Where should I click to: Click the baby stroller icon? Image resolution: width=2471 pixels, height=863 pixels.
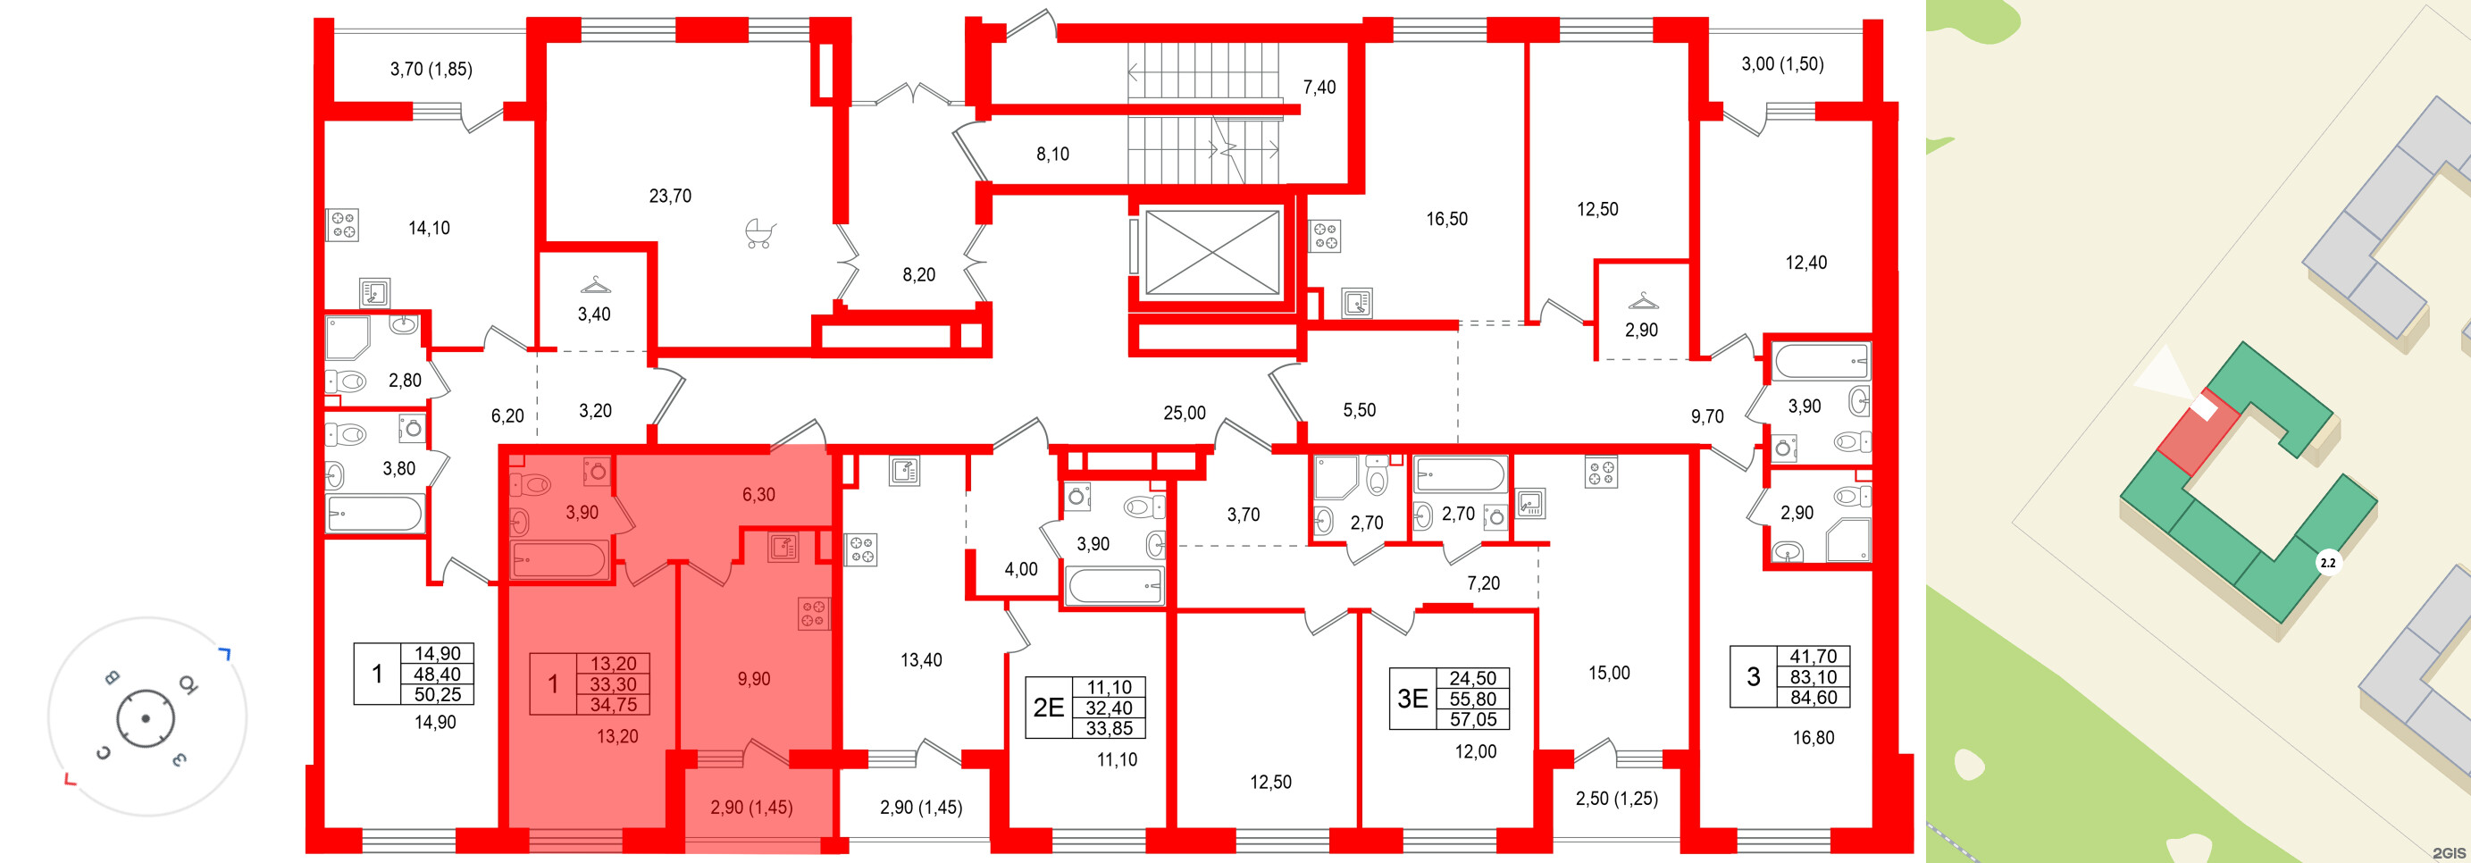pyautogui.click(x=759, y=234)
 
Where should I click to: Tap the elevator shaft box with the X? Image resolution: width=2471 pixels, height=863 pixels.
pyautogui.click(x=1212, y=252)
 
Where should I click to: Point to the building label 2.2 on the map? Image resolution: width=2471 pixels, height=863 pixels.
pyautogui.click(x=2327, y=563)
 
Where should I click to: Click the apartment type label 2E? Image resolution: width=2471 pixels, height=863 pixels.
pyautogui.click(x=1049, y=708)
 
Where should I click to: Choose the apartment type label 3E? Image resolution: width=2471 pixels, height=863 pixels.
pyautogui.click(x=1412, y=698)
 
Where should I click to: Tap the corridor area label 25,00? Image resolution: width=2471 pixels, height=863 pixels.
pyautogui.click(x=1184, y=414)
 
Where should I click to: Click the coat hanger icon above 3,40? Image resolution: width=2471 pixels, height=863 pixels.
pyautogui.click(x=596, y=286)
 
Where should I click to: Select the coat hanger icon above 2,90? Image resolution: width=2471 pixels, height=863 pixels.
pyautogui.click(x=1643, y=301)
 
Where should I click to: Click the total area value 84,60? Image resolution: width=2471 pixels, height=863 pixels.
pyautogui.click(x=1813, y=697)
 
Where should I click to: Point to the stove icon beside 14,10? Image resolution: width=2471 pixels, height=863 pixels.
pyautogui.click(x=342, y=225)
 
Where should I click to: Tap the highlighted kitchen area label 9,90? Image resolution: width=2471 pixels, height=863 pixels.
pyautogui.click(x=754, y=679)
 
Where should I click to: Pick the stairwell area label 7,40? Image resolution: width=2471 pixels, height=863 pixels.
pyautogui.click(x=1319, y=88)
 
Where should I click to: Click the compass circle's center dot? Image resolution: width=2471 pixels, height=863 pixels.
pyautogui.click(x=146, y=718)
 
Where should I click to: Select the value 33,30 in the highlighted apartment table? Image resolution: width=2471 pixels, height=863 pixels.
pyautogui.click(x=613, y=683)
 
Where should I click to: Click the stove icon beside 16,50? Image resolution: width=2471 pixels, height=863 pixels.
pyautogui.click(x=1325, y=236)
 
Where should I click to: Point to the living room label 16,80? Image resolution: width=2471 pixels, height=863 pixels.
pyautogui.click(x=1813, y=737)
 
